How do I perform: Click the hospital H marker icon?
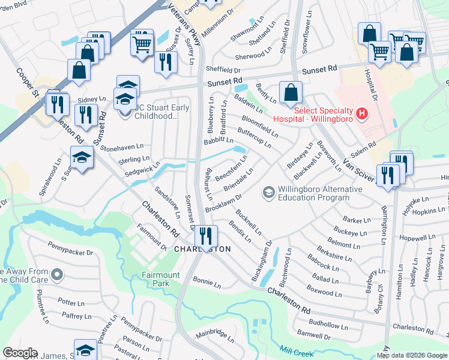[x=361, y=112]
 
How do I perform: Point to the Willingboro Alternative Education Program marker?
[x=268, y=193]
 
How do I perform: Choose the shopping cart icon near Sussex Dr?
[x=142, y=43]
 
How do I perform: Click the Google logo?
[x=20, y=353]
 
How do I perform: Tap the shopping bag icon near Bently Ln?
[x=291, y=93]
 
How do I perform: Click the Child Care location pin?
[x=57, y=275]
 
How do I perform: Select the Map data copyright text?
[x=412, y=355]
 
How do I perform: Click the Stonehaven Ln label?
[x=122, y=146]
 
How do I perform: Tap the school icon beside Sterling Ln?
[x=82, y=159]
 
